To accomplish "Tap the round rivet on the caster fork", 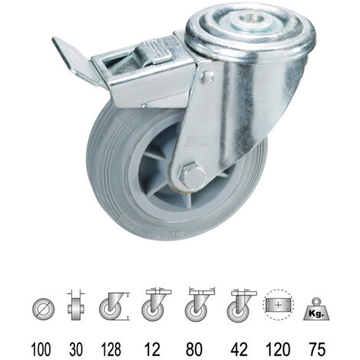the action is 206,77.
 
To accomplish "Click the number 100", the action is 41,349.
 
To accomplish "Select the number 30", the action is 76,349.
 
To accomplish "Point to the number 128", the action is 111,349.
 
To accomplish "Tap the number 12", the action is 152,349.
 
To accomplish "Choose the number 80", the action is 194,349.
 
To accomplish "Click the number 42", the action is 239,349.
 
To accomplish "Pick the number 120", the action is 278,349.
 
